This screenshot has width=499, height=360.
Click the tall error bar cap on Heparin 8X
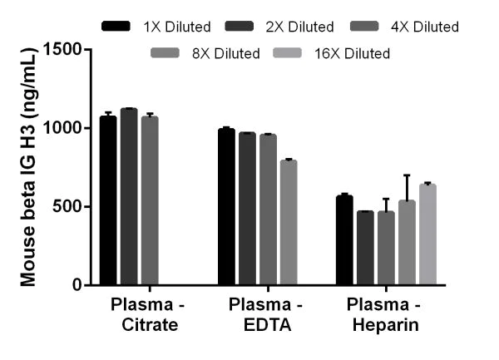click(406, 175)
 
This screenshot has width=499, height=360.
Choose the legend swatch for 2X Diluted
click(243, 27)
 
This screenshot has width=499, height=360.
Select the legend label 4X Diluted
click(425, 27)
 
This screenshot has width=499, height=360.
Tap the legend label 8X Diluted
click(225, 54)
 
